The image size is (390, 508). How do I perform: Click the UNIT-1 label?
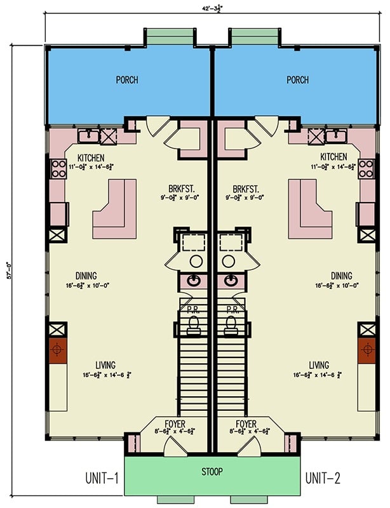[x=102, y=478]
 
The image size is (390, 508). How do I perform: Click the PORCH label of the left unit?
[x=127, y=80]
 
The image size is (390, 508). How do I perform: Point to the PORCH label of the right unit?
[x=297, y=80]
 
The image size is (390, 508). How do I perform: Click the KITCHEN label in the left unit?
[x=91, y=157]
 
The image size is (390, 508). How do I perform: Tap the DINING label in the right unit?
[x=340, y=276]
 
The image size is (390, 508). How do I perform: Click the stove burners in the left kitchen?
[x=58, y=168]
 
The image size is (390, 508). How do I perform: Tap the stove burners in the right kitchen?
[x=366, y=168]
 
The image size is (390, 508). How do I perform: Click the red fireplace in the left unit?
[x=58, y=350]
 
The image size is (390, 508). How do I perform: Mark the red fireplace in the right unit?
[x=366, y=350]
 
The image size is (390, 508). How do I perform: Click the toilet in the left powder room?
[x=196, y=325]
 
